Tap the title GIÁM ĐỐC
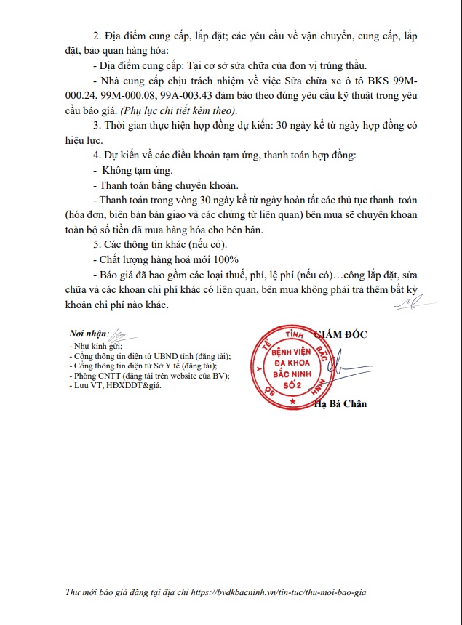pyautogui.click(x=340, y=334)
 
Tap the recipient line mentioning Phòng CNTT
pyautogui.click(x=149, y=376)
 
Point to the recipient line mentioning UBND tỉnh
pyautogui.click(x=149, y=357)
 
